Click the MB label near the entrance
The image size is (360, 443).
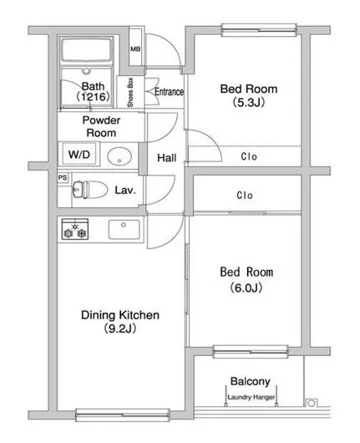pos(135,48)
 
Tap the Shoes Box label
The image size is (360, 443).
pos(130,93)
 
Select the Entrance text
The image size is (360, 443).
pos(169,92)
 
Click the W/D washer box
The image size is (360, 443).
pos(79,154)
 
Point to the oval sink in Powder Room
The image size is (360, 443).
pos(119,156)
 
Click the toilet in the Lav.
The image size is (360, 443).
pos(89,190)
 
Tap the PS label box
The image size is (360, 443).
pos(63,178)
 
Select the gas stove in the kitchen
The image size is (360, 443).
pos(75,229)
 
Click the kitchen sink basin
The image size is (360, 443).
pos(124,229)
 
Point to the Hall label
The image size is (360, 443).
pos(167,158)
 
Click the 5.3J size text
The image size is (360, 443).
pos(249,102)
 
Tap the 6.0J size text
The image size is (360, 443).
pos(246,288)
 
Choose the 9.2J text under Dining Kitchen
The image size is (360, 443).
pos(120,328)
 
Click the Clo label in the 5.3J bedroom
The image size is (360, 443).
pos(249,156)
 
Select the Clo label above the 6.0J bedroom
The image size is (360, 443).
pos(245,196)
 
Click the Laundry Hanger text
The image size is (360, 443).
pos(251,397)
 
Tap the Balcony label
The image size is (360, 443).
pos(251,381)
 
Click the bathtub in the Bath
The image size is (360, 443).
pos(86,49)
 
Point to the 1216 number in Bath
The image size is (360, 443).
pos(94,97)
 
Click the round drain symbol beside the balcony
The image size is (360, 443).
pos(311,403)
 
